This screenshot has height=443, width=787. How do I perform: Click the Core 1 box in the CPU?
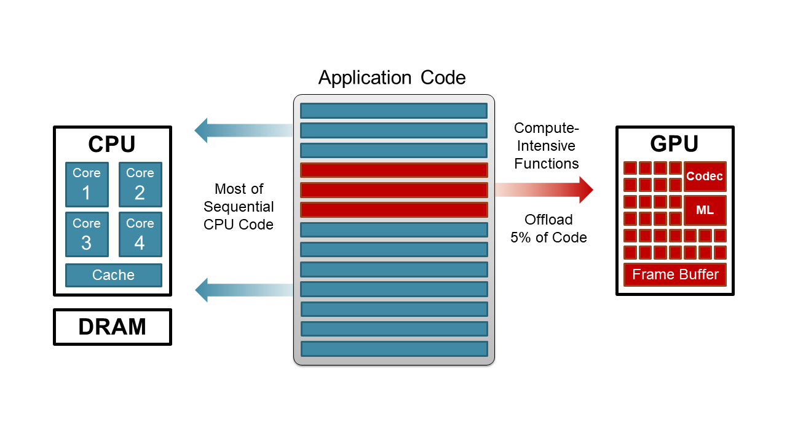pyautogui.click(x=87, y=185)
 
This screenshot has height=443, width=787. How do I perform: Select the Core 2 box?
pyautogui.click(x=140, y=185)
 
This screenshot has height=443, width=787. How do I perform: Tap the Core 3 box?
pyautogui.click(x=87, y=234)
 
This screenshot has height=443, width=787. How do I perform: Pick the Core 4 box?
pyautogui.click(x=140, y=234)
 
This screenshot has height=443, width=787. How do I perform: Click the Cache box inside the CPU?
pyautogui.click(x=113, y=275)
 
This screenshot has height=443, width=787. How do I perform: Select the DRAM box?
pyautogui.click(x=113, y=327)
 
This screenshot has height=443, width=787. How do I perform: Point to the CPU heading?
pyautogui.click(x=112, y=144)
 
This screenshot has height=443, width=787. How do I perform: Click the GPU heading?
pyautogui.click(x=674, y=143)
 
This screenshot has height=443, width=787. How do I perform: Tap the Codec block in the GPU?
pyautogui.click(x=705, y=177)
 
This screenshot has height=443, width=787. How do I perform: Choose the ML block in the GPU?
pyautogui.click(x=705, y=210)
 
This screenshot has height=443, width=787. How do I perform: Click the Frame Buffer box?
pyautogui.click(x=675, y=274)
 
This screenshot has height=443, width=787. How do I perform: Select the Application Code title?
pyautogui.click(x=392, y=78)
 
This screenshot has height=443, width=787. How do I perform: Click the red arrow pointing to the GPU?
pyautogui.click(x=544, y=189)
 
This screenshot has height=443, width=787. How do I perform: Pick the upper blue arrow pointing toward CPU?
pyautogui.click(x=243, y=130)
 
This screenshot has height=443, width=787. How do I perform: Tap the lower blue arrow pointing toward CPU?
pyautogui.click(x=243, y=289)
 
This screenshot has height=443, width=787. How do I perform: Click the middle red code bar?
pyautogui.click(x=393, y=190)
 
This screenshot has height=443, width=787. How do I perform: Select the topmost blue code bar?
pyautogui.click(x=393, y=111)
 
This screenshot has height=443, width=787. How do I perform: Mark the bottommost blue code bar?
pyautogui.click(x=393, y=348)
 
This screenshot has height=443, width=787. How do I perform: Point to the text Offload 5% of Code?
pyautogui.click(x=548, y=228)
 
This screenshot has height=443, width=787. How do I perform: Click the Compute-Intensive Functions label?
pyautogui.click(x=547, y=146)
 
